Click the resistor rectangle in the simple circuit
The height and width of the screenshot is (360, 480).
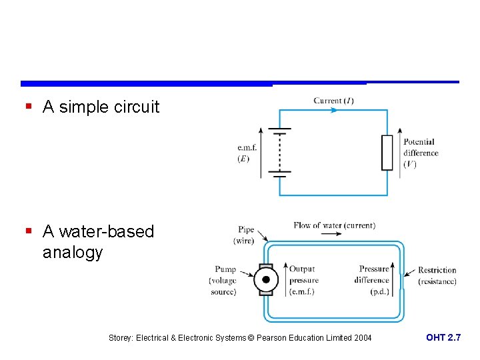point(387,153)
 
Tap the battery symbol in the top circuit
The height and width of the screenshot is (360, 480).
point(279,153)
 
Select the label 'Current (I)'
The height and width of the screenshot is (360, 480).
point(333,101)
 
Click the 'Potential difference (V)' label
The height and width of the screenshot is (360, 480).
point(420,153)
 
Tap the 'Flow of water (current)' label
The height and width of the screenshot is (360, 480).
point(334,225)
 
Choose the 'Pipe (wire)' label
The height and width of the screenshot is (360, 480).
point(244,235)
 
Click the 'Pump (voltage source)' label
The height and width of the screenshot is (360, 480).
point(223,281)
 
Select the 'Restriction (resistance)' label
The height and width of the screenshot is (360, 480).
point(437,275)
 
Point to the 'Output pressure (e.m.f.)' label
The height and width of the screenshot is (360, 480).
point(303,280)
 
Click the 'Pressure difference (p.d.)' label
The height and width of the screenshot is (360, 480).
point(373,280)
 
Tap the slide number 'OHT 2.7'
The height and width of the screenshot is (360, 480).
point(443,338)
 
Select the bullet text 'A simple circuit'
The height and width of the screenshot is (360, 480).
point(101,107)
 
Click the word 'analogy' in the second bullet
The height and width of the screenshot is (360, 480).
point(73,253)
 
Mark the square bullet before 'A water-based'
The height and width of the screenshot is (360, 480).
point(28,231)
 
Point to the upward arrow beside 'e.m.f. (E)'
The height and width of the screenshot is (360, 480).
point(260,153)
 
